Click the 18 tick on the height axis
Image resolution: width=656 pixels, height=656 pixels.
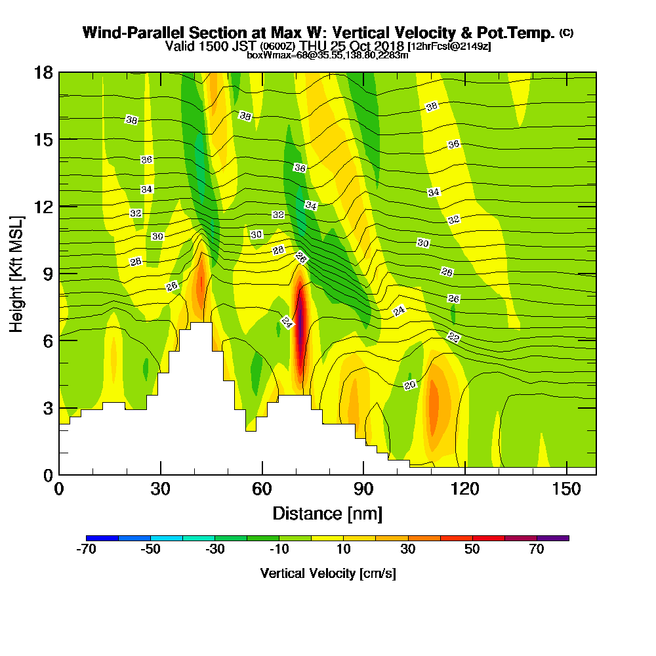[x=43, y=72]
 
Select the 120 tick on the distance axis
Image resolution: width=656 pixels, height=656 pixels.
[x=464, y=489]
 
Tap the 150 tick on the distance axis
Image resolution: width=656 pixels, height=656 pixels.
[x=565, y=489]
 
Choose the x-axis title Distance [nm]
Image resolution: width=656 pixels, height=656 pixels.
[x=327, y=513]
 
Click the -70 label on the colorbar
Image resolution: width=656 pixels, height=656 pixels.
[x=86, y=550]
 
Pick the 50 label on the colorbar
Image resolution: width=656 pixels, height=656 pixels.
[x=472, y=550]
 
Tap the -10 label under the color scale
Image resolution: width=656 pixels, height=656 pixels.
[x=279, y=550]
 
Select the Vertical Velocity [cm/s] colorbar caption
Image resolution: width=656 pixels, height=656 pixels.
[x=327, y=573]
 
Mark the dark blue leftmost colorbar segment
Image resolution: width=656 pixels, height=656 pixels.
[x=102, y=538]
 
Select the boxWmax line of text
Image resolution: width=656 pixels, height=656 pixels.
[x=327, y=55]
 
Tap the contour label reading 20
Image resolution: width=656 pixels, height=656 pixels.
[x=410, y=385]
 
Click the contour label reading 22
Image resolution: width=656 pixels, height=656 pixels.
[x=454, y=337]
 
